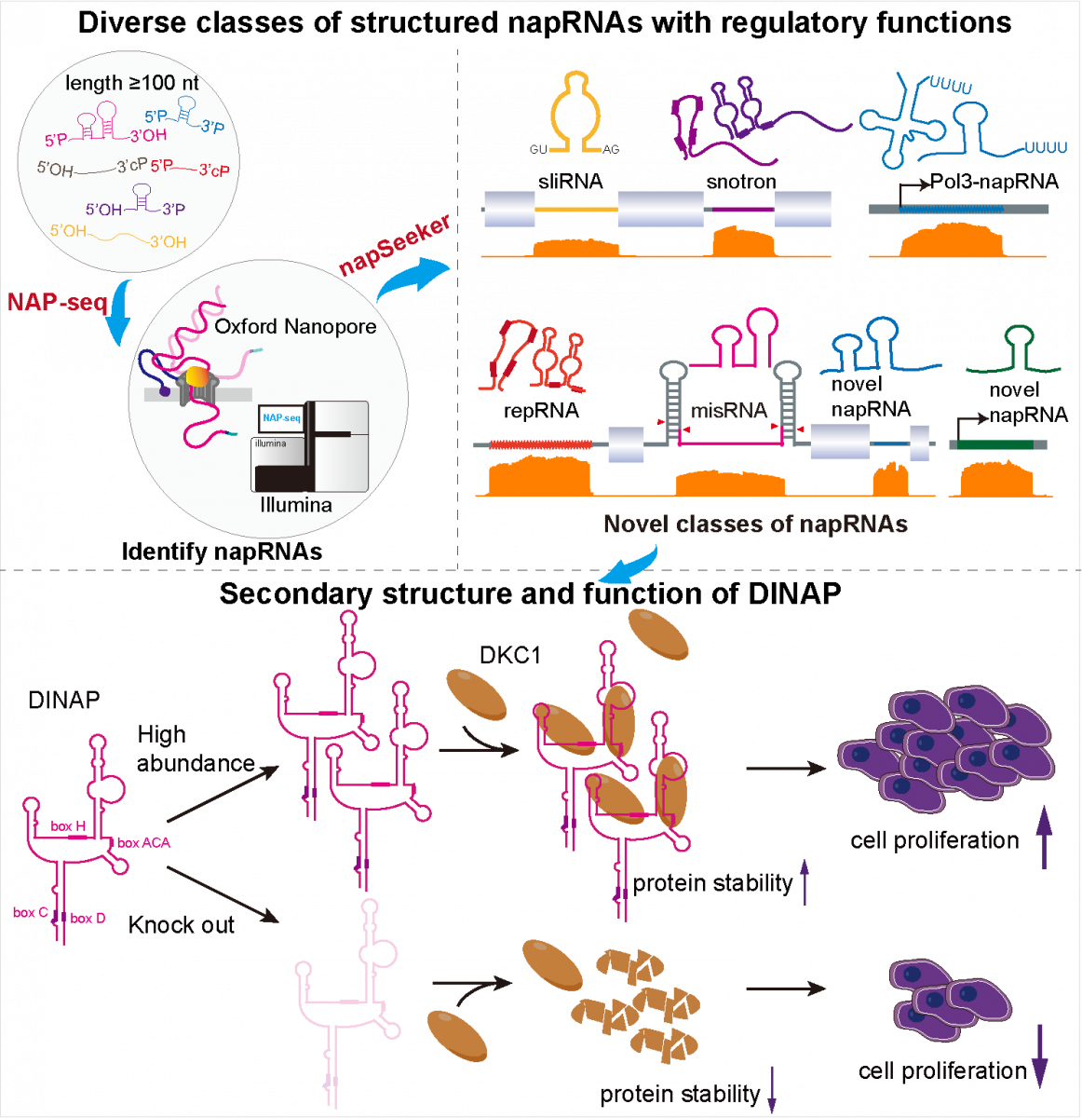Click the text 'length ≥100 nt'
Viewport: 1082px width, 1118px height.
coord(132,84)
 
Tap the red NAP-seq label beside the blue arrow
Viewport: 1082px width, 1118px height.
coord(58,302)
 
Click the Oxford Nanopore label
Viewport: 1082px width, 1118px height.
coord(295,327)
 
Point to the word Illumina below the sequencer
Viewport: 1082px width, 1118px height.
coord(296,505)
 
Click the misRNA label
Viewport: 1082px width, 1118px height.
coord(729,410)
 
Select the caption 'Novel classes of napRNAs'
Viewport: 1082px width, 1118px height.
coord(755,524)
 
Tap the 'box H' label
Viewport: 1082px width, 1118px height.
coord(68,826)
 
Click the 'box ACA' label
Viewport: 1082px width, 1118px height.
coord(143,842)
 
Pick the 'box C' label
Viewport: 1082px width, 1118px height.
coord(30,912)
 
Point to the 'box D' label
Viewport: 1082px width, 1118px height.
coord(88,919)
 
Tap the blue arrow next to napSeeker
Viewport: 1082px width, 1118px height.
coord(411,279)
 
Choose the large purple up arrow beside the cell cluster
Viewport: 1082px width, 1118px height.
coord(1044,836)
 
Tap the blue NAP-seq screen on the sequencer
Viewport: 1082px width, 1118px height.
coord(281,418)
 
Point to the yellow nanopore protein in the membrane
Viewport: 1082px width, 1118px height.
coord(197,376)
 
